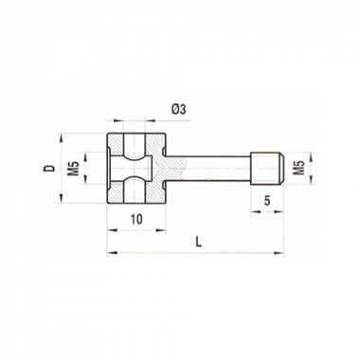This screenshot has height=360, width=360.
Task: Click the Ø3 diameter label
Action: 179,109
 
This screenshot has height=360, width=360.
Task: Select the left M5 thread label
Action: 75,168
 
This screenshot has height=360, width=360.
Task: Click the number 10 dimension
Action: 136,219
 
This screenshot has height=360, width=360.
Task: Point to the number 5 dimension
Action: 267,201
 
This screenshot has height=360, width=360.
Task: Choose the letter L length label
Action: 198,243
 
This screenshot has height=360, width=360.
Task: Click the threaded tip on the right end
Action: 267,169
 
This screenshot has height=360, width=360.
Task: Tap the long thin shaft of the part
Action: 207,169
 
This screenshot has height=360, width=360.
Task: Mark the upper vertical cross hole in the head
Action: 135,146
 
